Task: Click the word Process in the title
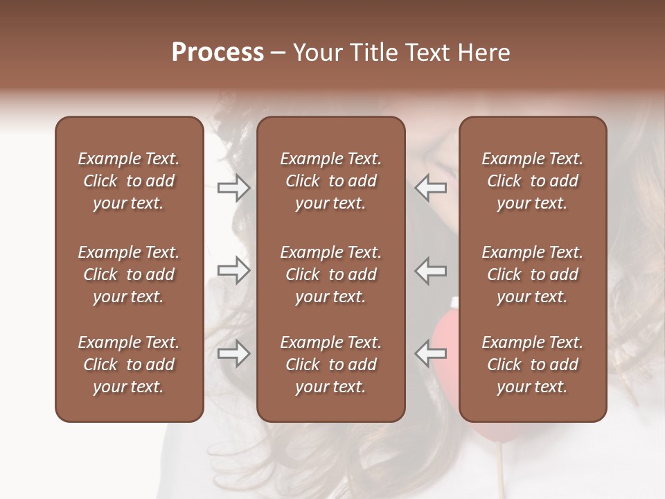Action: [x=218, y=53]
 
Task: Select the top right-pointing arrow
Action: [x=234, y=188]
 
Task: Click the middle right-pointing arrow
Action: [x=234, y=270]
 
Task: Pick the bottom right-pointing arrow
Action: [x=234, y=354]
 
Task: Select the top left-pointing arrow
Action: [x=431, y=188]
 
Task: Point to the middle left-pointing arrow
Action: [x=431, y=270]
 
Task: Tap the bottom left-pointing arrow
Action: [x=431, y=354]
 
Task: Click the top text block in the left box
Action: [x=129, y=181]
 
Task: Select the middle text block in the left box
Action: [x=129, y=274]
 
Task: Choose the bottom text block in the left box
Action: [x=129, y=365]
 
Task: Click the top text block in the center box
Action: [x=331, y=181]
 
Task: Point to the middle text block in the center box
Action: [x=331, y=274]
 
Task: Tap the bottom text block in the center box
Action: [x=331, y=365]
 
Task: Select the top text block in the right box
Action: [x=533, y=181]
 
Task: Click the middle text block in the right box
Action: [x=533, y=274]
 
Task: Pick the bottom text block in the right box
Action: [x=533, y=365]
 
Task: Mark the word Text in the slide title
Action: [x=433, y=53]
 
